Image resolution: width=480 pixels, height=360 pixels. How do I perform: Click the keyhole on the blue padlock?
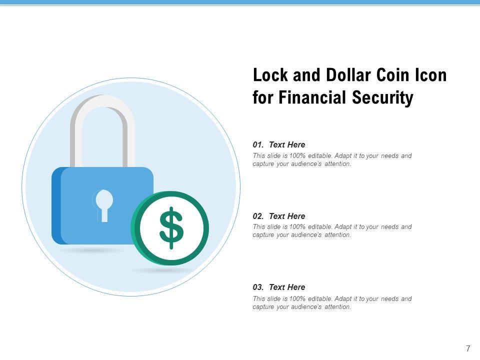pos(104,205)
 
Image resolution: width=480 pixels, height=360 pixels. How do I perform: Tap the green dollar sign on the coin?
pos(171,228)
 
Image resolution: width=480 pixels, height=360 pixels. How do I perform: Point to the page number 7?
pos(468,348)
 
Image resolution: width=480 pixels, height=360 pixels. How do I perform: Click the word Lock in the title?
pos(270,75)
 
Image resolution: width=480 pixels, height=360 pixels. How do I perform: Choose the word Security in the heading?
pos(382,98)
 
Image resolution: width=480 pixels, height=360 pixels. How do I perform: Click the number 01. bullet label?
pos(258,145)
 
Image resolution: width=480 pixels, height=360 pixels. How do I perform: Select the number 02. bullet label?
pos(258,216)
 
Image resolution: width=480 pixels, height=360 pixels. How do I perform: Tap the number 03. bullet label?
pos(258,287)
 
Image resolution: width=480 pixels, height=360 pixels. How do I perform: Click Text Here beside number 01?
pos(287,145)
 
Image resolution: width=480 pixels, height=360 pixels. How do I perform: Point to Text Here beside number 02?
pos(287,216)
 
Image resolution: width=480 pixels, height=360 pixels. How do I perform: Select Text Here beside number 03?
pos(287,287)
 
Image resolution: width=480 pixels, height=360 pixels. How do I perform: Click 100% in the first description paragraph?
pos(297,155)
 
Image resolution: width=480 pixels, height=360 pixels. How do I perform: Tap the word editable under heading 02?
pos(320,227)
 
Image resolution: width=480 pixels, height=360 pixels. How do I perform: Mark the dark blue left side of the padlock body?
pos(57,205)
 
